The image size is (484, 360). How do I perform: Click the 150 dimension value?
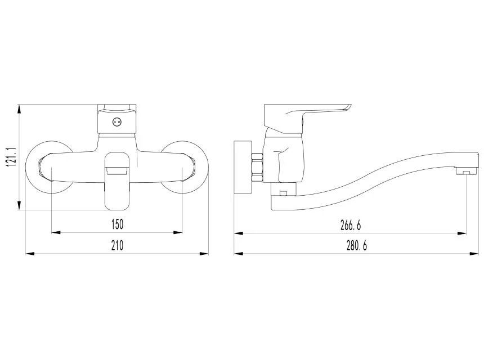point(117,224)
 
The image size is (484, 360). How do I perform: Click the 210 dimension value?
point(117,246)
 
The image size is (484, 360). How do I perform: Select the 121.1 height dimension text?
point(11,157)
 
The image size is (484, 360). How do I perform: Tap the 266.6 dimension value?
point(351,226)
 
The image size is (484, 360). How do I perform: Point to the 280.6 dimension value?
point(357,246)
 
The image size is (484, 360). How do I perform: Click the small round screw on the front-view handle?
point(116,122)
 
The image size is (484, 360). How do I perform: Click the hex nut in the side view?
point(257,167)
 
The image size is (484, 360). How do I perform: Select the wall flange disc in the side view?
point(243,168)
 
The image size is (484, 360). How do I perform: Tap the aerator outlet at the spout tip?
point(466,171)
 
